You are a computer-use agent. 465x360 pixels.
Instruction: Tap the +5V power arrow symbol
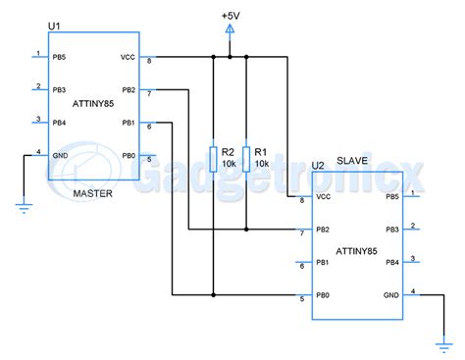pos(229,31)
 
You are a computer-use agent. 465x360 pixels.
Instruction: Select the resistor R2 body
pos(213,158)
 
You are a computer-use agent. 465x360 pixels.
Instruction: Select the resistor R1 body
pos(245,158)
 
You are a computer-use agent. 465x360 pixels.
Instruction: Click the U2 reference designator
pos(317,166)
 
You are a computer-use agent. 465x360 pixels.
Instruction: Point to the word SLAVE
pos(353,161)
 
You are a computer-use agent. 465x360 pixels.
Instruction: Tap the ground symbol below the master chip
pos(22,205)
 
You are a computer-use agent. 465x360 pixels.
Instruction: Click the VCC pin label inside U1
pos(128,57)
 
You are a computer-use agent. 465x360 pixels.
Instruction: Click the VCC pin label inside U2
pos(325,197)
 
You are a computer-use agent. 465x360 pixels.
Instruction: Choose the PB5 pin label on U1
pos(59,57)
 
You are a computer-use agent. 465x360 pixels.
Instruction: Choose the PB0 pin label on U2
pos(324,295)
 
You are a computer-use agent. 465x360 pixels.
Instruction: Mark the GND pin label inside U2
pos(391,295)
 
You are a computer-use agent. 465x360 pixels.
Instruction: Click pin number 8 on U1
pos(149,62)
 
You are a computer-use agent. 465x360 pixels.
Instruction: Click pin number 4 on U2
pos(413,290)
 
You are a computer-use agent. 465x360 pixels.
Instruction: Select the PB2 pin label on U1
pos(128,90)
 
